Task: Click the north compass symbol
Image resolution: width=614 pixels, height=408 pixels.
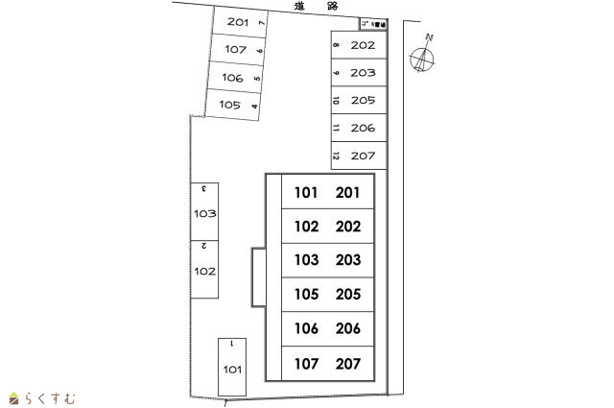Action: pyautogui.click(x=422, y=60)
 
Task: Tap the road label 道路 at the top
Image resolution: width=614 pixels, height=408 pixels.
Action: pyautogui.click(x=315, y=7)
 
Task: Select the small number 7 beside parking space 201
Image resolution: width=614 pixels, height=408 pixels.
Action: pyautogui.click(x=262, y=22)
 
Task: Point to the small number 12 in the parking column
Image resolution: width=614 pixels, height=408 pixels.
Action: pyautogui.click(x=336, y=156)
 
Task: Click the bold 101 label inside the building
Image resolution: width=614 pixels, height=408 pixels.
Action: pyautogui.click(x=306, y=193)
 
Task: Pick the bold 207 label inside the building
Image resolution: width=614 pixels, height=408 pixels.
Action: pyautogui.click(x=348, y=364)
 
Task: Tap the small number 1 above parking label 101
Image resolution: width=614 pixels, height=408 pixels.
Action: pyautogui.click(x=232, y=343)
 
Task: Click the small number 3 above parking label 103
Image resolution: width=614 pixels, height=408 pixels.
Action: pyautogui.click(x=204, y=189)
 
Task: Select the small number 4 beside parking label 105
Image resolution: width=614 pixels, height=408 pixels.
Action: pyautogui.click(x=254, y=106)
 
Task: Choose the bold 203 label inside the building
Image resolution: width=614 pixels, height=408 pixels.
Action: pyautogui.click(x=348, y=260)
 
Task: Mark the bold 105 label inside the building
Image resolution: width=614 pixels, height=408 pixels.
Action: pyautogui.click(x=306, y=295)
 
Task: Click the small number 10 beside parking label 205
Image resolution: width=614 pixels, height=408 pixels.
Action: pyautogui.click(x=336, y=100)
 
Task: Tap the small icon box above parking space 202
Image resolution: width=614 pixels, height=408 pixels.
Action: pyautogui.click(x=373, y=23)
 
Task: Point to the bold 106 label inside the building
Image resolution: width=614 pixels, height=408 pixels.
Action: pyautogui.click(x=306, y=329)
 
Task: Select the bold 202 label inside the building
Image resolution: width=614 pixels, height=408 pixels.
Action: pyautogui.click(x=348, y=227)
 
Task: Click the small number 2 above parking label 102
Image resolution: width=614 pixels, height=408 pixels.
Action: pyautogui.click(x=204, y=246)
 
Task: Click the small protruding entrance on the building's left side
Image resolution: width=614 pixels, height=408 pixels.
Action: pyautogui.click(x=258, y=277)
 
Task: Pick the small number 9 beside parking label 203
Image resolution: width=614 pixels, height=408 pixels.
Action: pyautogui.click(x=336, y=72)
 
